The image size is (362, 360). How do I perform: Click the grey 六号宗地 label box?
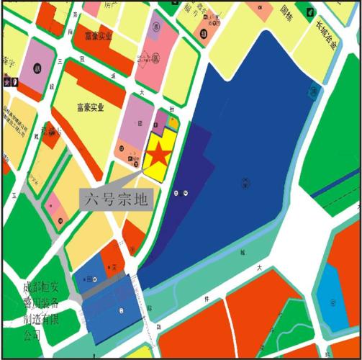(x=117, y=196)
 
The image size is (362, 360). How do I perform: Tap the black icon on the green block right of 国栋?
(x=309, y=12)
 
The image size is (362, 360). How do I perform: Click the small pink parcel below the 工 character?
(x=53, y=207)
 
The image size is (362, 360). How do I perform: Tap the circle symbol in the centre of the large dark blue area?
(x=245, y=181)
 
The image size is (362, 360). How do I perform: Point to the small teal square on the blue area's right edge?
(x=314, y=89)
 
